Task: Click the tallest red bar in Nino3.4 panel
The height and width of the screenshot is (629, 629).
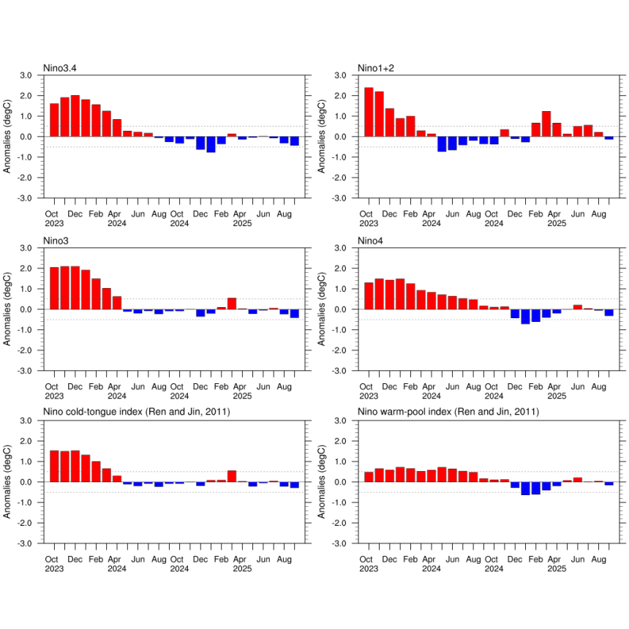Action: click(x=75, y=116)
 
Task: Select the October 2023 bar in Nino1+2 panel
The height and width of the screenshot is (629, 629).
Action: click(x=369, y=112)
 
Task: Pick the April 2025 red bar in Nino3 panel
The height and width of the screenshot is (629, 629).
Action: click(x=232, y=304)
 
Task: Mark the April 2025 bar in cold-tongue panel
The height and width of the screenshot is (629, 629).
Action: click(x=232, y=476)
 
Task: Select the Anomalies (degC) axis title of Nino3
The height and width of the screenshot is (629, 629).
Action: click(x=8, y=309)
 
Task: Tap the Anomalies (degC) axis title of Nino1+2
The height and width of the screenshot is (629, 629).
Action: click(x=323, y=137)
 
